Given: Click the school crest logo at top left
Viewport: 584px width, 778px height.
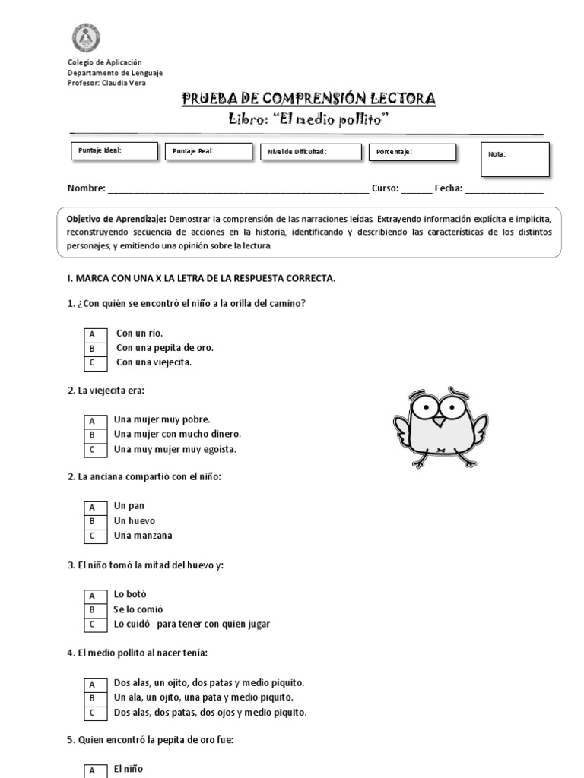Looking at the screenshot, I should [86, 37].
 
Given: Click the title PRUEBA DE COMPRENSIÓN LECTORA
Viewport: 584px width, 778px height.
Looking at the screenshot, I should [309, 99].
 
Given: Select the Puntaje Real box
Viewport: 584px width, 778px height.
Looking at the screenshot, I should [208, 153].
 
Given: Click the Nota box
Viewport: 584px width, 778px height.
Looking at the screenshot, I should [515, 160].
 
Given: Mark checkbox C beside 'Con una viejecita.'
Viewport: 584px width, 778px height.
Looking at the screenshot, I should [92, 362].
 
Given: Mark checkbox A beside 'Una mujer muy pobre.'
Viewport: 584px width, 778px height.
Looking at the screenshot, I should [92, 420].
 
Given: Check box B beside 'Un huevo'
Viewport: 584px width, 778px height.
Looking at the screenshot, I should [92, 522].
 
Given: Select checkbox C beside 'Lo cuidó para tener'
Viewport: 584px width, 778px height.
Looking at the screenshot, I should [92, 625].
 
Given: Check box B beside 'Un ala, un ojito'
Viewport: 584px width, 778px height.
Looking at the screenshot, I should [92, 697].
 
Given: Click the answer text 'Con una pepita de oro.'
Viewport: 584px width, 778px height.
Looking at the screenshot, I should [164, 348].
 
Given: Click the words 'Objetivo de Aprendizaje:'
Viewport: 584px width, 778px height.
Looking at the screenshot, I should [115, 218].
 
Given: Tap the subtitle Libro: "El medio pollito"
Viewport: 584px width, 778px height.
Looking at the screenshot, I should [309, 119].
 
